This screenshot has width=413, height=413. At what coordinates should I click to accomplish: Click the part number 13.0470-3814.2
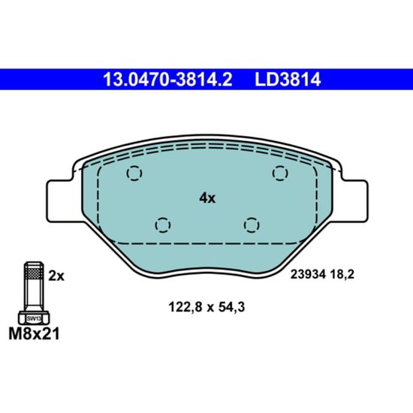pos(167,80)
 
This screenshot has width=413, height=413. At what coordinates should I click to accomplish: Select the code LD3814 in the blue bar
pos(288,80)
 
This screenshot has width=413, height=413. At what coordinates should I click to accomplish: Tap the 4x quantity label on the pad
pos(207,198)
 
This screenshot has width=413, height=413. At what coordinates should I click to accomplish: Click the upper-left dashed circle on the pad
pos(134,173)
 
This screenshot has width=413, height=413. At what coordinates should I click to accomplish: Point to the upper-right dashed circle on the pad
pos(280,173)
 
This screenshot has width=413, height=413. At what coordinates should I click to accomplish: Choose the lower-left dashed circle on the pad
pos(163,225)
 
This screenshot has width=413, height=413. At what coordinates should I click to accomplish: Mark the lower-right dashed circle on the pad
pos(252,225)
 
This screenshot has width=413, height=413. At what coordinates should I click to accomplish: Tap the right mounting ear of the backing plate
pos(354,201)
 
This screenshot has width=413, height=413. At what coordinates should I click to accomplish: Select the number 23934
pos(308,275)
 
